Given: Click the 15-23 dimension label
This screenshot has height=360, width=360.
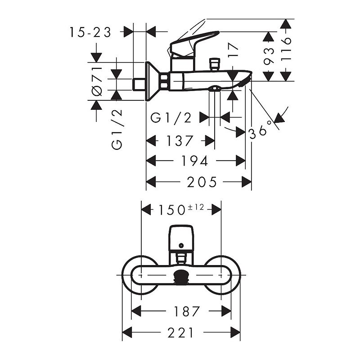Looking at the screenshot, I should (x=90, y=32).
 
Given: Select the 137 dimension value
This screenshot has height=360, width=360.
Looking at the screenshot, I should (x=180, y=141).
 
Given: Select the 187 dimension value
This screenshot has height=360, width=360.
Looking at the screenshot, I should (x=186, y=311).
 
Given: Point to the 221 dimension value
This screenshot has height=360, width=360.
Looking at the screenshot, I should (x=181, y=333).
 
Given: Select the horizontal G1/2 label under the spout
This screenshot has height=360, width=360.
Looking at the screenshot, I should (x=171, y=118).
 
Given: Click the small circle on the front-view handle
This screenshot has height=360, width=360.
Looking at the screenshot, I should (x=181, y=246).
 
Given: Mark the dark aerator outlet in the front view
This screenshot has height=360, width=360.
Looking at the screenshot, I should (x=181, y=276).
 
